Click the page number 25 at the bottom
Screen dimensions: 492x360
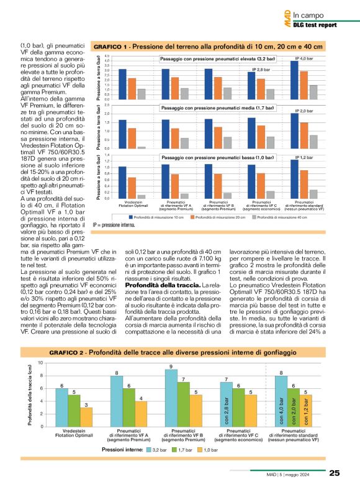(335, 473)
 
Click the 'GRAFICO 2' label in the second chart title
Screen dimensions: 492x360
(69, 352)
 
